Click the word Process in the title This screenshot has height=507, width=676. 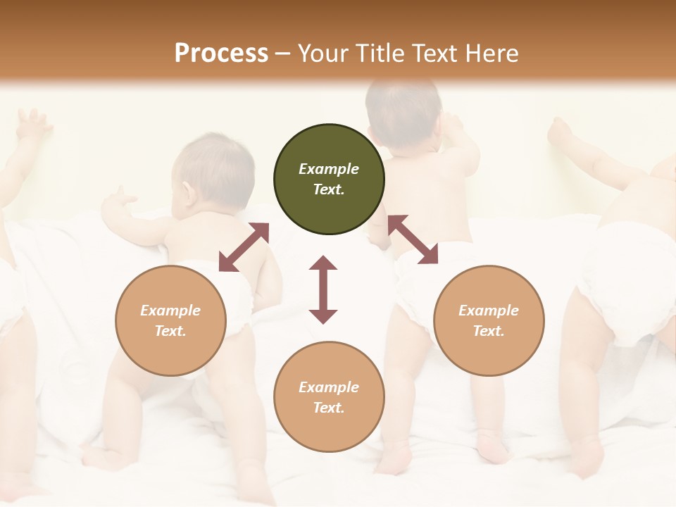(221, 54)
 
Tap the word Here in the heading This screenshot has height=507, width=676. (490, 54)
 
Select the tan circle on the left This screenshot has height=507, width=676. (170, 320)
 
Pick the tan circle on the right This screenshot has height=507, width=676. (489, 320)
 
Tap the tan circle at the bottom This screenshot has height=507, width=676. (329, 396)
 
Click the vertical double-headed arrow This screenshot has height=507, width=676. (323, 289)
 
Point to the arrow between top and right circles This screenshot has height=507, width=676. (413, 239)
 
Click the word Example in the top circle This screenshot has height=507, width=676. (329, 169)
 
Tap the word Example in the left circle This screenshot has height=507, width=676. (170, 311)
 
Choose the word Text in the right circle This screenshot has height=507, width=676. (489, 331)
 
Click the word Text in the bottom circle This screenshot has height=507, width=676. (329, 408)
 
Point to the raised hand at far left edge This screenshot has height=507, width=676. (32, 125)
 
